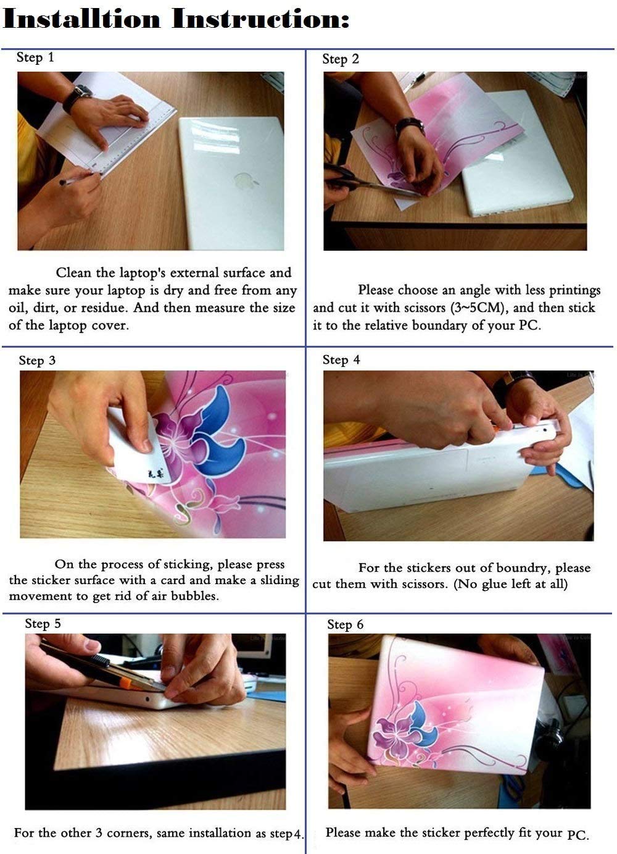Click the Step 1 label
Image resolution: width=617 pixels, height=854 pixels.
(x=35, y=57)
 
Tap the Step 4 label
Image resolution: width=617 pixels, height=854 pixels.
(x=341, y=360)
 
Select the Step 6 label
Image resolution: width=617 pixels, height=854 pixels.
(x=345, y=624)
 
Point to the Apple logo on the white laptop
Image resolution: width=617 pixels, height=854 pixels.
(x=244, y=180)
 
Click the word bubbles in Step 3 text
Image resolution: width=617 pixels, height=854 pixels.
(x=194, y=595)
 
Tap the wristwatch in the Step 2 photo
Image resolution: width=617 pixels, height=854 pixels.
(x=410, y=126)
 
